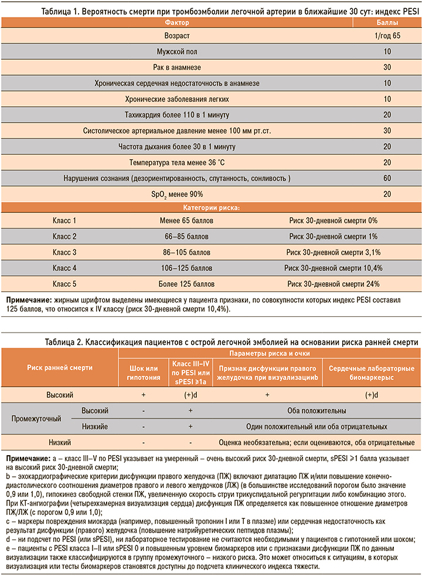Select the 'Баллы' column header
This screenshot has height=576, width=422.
(x=387, y=22)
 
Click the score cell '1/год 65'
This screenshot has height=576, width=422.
(x=387, y=36)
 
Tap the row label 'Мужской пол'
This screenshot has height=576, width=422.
(x=176, y=52)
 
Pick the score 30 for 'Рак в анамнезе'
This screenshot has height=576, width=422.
(x=387, y=67)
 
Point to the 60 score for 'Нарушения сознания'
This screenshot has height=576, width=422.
(x=387, y=178)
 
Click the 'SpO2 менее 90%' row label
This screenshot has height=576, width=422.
(x=176, y=194)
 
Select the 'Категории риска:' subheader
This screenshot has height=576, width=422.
(x=210, y=207)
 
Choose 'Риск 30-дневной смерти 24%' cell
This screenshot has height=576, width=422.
(x=333, y=284)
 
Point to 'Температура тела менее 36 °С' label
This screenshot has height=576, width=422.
(x=176, y=162)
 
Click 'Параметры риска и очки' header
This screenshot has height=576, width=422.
(x=269, y=354)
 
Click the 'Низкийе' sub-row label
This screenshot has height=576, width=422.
(x=94, y=426)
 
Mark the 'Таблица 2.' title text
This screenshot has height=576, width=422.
(x=63, y=341)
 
